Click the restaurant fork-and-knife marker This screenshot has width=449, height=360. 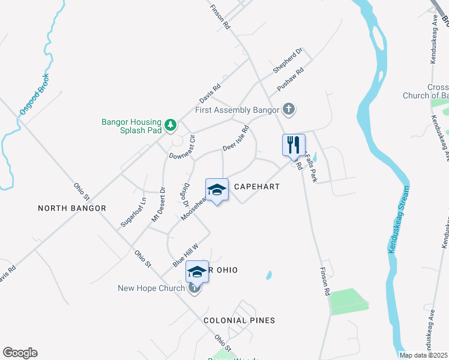[x=294, y=145]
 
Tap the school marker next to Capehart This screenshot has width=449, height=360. [x=217, y=190]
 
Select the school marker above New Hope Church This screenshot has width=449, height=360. [x=197, y=272]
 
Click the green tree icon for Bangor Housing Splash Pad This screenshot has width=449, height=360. [x=171, y=124]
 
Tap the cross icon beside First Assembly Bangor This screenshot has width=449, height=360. [x=289, y=110]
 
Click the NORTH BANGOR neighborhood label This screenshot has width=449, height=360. [x=72, y=208]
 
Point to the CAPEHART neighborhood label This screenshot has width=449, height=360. [x=257, y=187]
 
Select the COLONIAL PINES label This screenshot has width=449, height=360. [x=239, y=320]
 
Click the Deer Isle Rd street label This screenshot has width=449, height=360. [x=235, y=139]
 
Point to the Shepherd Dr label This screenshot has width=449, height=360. [x=288, y=61]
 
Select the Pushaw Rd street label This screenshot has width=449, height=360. [x=291, y=79]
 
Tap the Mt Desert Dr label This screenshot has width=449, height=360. [x=158, y=205]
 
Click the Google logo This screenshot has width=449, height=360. [x=20, y=353]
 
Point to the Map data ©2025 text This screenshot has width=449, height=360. [x=423, y=355]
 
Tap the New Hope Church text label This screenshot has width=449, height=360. [x=151, y=289]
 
